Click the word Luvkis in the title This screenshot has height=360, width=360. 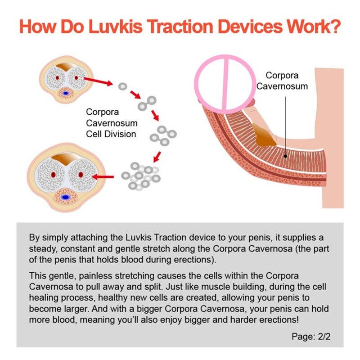point(116,27)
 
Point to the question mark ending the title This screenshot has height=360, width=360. point(334,27)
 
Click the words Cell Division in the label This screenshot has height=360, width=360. point(111,134)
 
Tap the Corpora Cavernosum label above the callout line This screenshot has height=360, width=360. point(282,81)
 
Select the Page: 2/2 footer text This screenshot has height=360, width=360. point(311,336)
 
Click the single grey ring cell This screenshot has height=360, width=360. point(122,86)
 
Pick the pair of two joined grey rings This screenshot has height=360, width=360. point(147,103)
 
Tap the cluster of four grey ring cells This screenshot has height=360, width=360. point(163,136)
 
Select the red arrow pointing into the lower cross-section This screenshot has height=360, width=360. point(103,177)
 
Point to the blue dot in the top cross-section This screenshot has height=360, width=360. point(66,93)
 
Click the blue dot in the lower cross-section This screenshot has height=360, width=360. point(65,197)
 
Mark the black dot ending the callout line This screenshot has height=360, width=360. point(285,156)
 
